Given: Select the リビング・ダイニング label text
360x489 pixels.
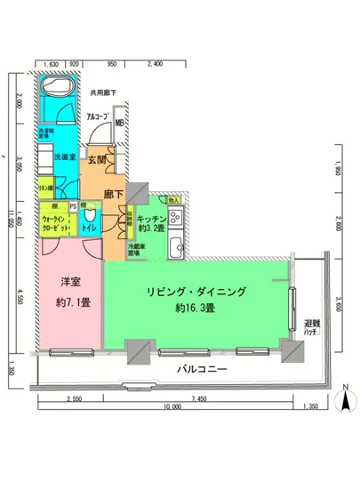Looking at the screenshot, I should tap(196, 292).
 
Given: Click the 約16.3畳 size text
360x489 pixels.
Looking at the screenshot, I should tap(196, 309).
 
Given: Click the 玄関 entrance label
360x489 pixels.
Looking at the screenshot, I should tap(97, 161).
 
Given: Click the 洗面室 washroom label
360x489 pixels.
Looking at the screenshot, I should tap(53, 157).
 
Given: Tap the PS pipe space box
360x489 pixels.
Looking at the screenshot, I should tap(73, 207).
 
